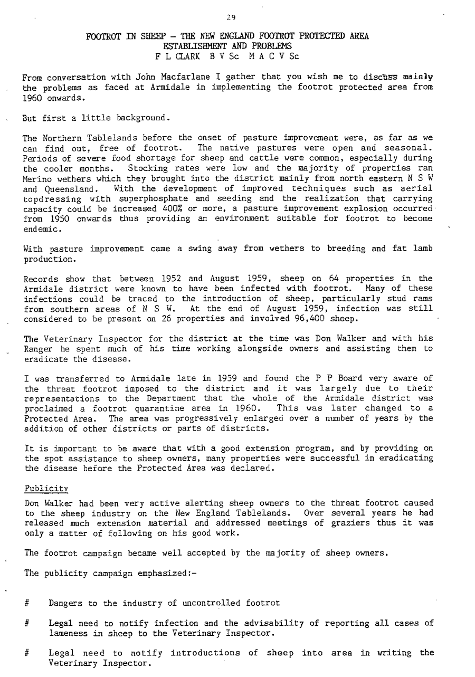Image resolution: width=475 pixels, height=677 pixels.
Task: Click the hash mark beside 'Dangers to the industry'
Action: click(27, 603)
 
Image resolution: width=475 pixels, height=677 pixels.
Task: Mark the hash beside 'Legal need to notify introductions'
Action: click(27, 653)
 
